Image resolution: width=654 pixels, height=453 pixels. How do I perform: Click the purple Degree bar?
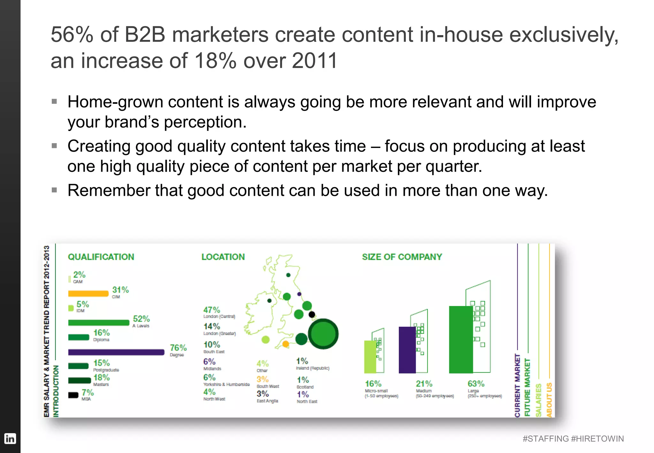tap(116, 352)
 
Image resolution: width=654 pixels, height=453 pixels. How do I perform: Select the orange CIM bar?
tap(88, 293)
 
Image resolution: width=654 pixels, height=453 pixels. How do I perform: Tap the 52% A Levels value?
tap(141, 319)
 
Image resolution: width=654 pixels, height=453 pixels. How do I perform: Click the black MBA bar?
tap(73, 395)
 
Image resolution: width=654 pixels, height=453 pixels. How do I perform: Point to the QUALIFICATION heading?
tap(101, 257)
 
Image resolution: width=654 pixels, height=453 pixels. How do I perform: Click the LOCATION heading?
tap(223, 257)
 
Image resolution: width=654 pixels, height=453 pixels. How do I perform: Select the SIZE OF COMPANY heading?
tap(402, 257)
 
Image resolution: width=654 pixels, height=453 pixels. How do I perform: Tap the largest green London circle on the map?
tap(323, 334)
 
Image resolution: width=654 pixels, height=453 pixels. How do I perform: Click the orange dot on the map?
tap(285, 344)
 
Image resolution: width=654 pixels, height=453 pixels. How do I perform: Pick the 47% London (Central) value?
tap(211, 310)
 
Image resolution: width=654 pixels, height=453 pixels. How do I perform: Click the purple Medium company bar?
tap(407, 350)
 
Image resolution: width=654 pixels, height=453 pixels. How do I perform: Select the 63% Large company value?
tap(476, 383)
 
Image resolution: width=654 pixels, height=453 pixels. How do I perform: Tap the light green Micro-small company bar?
tap(370, 357)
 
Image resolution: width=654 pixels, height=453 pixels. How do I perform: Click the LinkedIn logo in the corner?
tap(10, 438)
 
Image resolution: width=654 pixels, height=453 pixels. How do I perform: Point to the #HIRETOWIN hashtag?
tap(597, 439)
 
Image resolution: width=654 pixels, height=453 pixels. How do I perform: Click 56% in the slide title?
tap(72, 35)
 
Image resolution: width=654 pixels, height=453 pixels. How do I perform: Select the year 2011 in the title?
tap(314, 61)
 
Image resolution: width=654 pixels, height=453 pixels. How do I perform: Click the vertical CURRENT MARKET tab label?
tap(517, 385)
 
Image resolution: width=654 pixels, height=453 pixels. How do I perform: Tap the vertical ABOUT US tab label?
tap(549, 399)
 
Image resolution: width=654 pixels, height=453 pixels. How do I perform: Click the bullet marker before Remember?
tap(54, 190)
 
